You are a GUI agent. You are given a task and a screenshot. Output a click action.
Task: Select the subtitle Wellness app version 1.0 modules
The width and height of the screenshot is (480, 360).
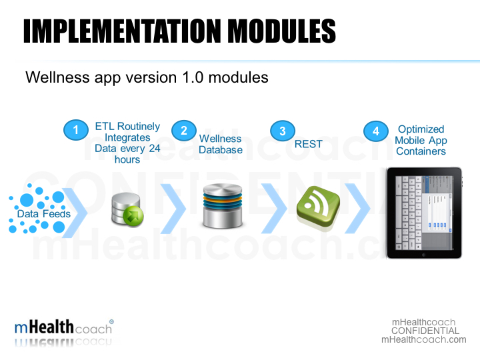147,77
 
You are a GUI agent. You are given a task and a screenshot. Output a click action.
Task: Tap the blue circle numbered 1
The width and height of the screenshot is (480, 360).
76,129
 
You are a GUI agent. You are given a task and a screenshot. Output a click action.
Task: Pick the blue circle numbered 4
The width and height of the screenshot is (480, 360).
376,131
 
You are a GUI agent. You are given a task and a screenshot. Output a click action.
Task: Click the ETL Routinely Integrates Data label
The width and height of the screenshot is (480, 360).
127,143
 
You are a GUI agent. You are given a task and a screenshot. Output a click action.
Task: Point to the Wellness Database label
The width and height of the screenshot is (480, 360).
220,144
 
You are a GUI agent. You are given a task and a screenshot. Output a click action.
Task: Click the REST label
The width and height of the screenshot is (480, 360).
308,144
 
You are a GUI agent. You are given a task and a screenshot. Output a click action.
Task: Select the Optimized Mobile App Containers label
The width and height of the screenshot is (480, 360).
421,140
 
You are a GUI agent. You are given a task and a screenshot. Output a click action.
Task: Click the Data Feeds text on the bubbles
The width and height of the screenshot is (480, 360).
43,213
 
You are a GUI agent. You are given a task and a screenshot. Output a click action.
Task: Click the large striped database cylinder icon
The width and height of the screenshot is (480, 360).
221,206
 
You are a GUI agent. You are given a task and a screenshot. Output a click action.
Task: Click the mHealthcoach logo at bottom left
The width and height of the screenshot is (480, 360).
64,328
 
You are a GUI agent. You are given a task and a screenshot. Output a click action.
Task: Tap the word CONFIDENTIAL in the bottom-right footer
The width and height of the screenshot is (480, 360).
425,331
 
